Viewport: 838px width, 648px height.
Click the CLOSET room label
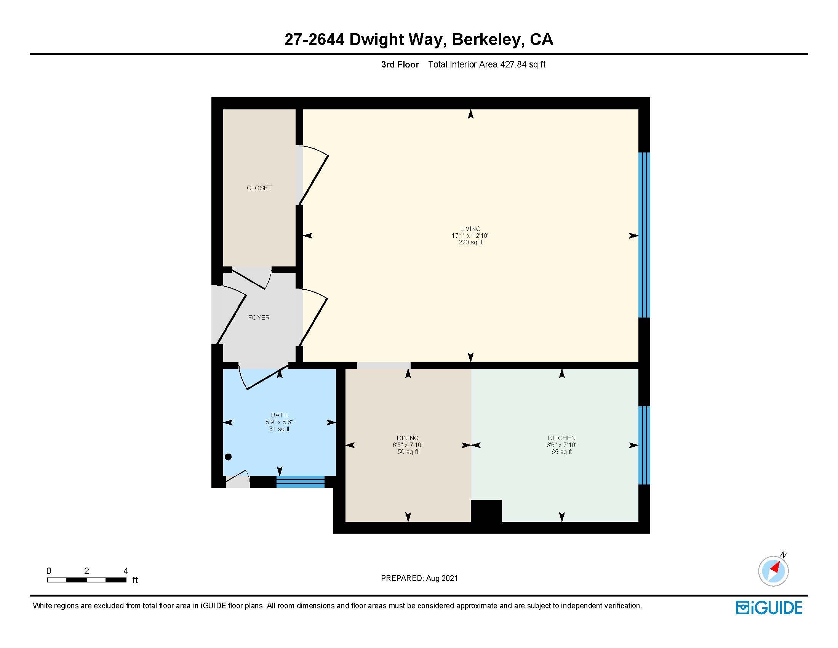(x=259, y=188)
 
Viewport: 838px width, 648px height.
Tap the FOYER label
(x=259, y=318)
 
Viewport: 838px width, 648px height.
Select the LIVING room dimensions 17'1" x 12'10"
(x=470, y=236)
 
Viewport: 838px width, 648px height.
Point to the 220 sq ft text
(x=470, y=242)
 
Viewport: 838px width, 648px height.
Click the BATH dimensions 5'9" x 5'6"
(x=279, y=422)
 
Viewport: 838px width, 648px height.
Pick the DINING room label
(x=408, y=438)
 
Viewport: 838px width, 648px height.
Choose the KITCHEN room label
(x=561, y=438)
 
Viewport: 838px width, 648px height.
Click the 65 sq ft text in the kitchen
(x=561, y=452)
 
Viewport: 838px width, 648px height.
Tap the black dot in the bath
(x=228, y=457)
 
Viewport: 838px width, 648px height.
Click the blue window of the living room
(x=644, y=235)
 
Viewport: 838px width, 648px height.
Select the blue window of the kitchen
(x=644, y=445)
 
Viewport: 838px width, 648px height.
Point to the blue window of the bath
(x=301, y=481)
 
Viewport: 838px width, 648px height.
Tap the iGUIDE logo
(x=769, y=608)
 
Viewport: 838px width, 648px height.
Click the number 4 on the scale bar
(x=125, y=571)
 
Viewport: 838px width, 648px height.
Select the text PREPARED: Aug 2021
(x=419, y=578)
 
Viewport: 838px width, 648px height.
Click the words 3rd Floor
(x=400, y=64)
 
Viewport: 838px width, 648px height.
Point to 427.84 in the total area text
(x=513, y=64)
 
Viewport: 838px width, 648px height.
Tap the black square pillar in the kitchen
(x=486, y=510)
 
